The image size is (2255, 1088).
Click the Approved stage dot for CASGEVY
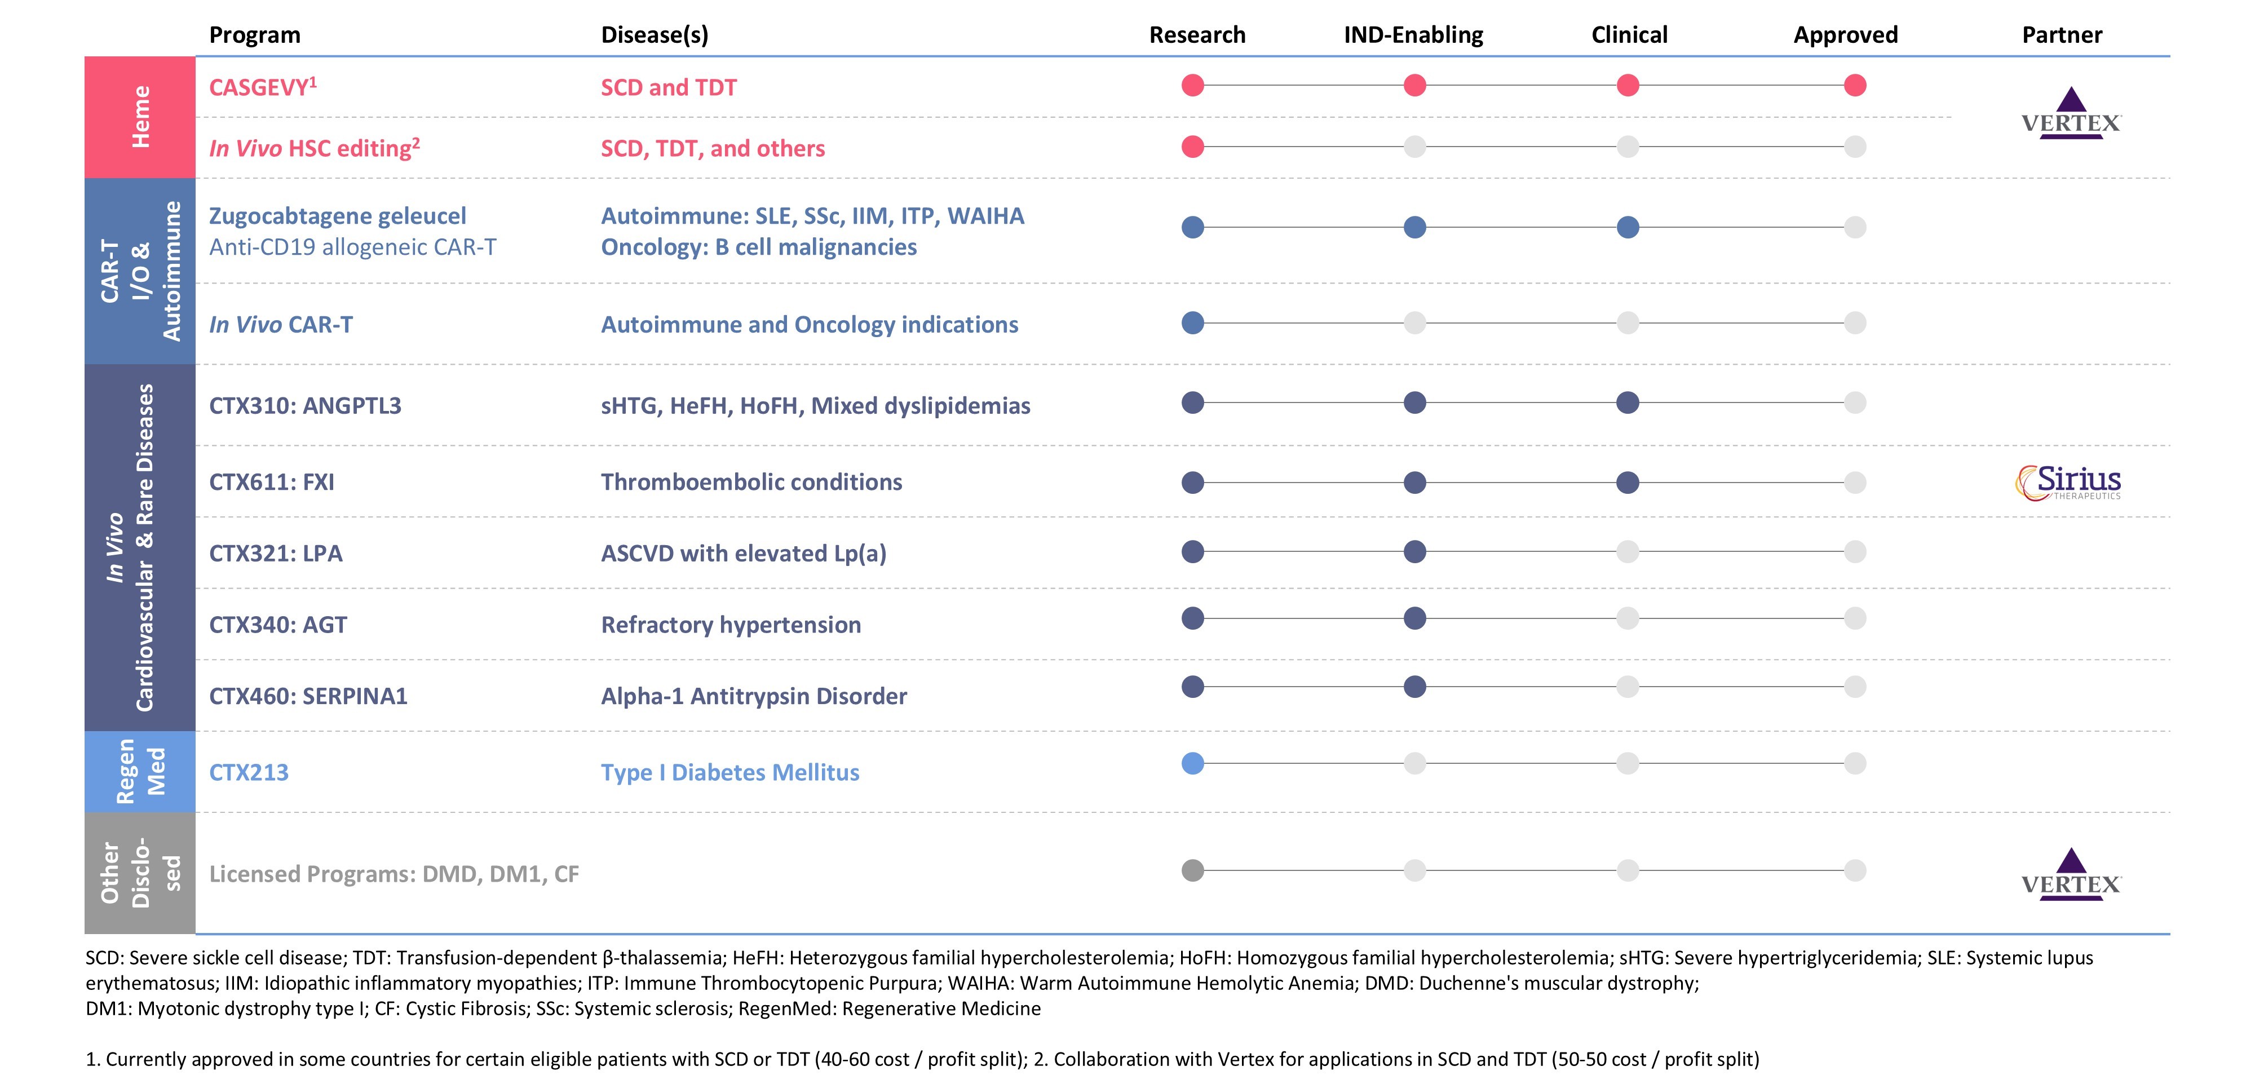(x=1854, y=86)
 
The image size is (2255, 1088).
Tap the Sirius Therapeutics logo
(x=2068, y=483)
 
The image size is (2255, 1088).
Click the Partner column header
(x=2062, y=35)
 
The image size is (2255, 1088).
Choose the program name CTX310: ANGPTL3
(x=304, y=405)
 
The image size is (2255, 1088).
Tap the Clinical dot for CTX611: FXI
(x=1628, y=483)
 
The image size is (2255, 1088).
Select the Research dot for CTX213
(x=1192, y=763)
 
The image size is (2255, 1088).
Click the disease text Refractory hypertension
(x=731, y=625)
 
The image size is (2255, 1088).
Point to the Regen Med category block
(x=140, y=771)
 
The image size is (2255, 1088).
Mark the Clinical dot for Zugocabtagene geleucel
(x=1628, y=228)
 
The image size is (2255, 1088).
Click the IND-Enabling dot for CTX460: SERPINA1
(x=1414, y=687)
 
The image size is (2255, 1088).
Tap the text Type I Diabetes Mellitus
(x=730, y=773)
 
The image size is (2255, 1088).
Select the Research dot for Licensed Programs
(x=1192, y=871)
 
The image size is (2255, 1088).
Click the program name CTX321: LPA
(x=276, y=553)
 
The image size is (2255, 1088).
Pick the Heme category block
(x=140, y=117)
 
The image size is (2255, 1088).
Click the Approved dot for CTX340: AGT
(x=1854, y=619)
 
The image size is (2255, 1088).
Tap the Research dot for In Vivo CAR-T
(x=1192, y=323)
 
